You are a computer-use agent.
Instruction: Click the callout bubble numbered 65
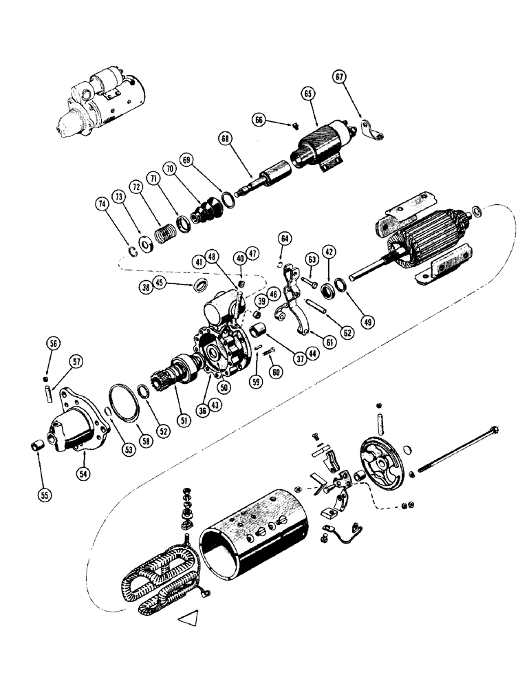tap(307, 92)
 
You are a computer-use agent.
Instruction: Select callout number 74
tap(101, 204)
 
